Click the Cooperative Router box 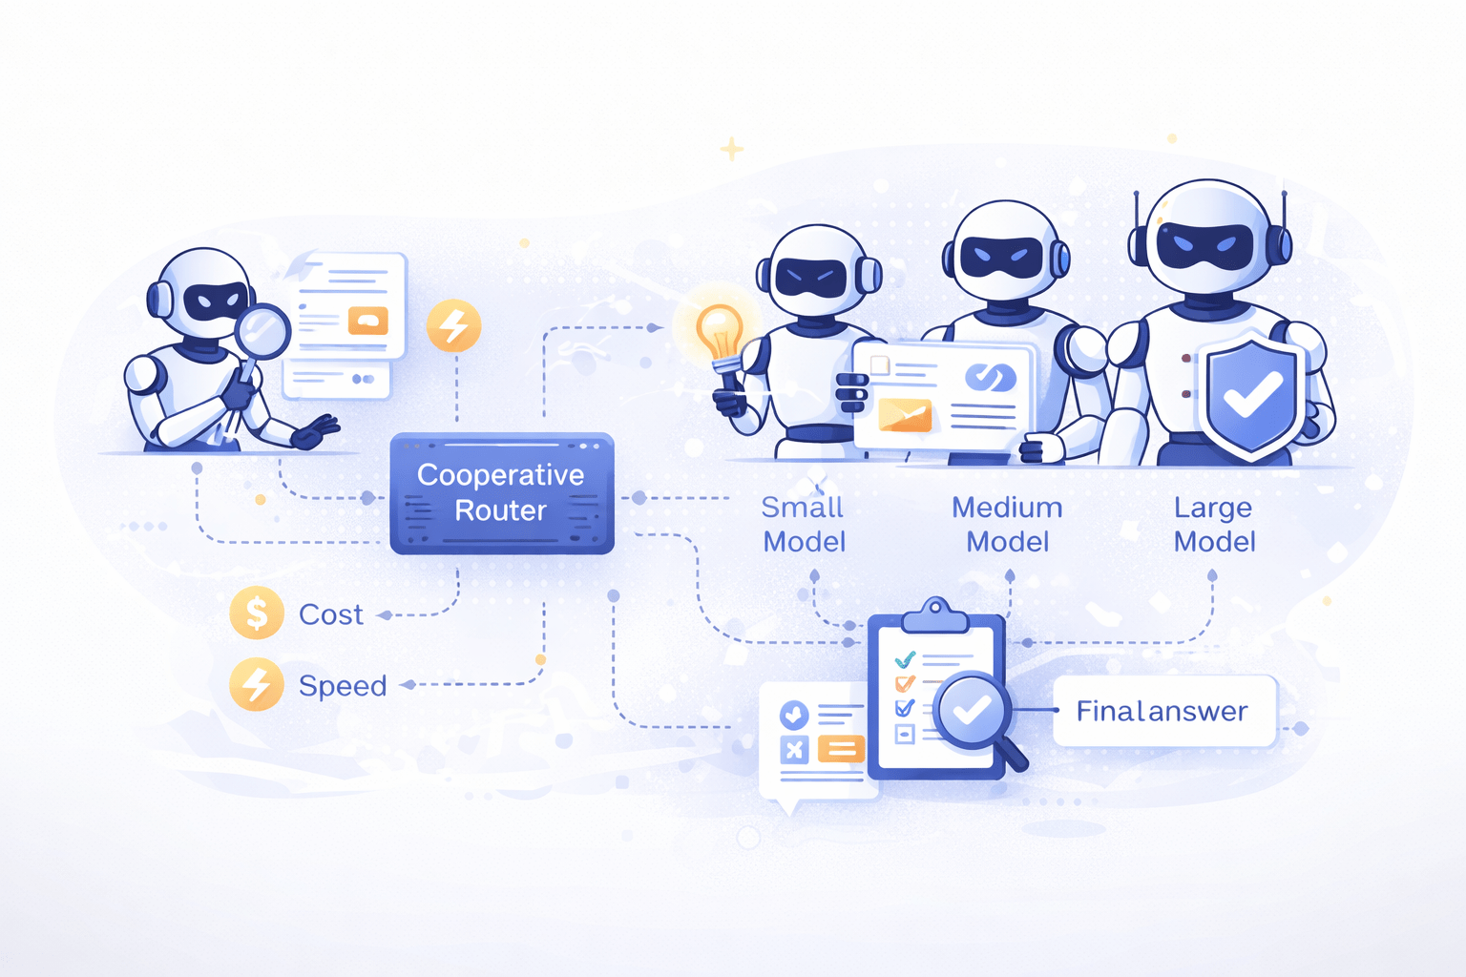(501, 493)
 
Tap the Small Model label (804, 524)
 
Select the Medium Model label (1007, 524)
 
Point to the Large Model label (1214, 524)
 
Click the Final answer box (1163, 711)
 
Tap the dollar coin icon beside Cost (257, 613)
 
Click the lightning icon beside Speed (257, 684)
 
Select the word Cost (330, 614)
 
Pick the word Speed (343, 686)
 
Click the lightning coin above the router (453, 326)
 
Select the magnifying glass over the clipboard (973, 711)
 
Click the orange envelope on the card (904, 414)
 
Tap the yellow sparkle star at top (732, 149)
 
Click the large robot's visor (1204, 246)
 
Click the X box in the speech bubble (794, 749)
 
